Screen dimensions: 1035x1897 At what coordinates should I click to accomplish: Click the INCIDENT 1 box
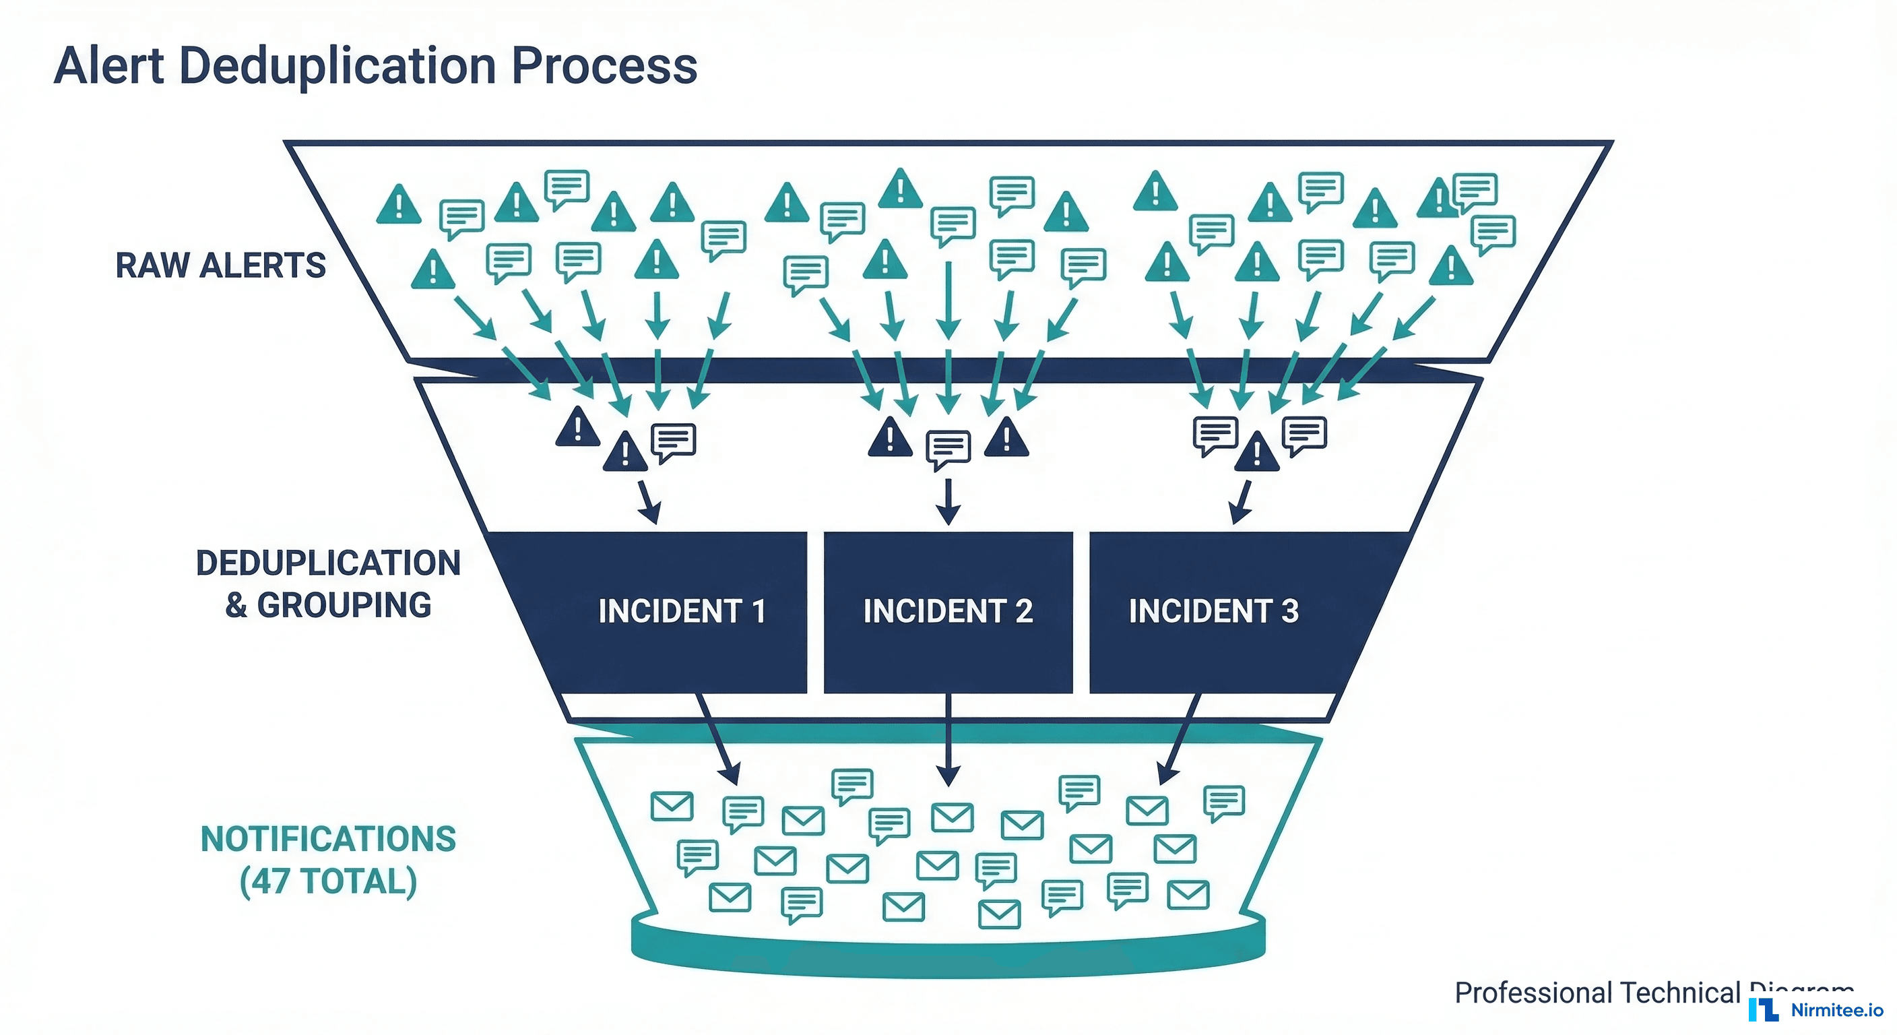(681, 611)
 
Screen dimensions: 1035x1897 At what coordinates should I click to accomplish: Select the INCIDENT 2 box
(948, 611)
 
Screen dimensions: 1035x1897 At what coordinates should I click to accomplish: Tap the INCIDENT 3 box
(1214, 611)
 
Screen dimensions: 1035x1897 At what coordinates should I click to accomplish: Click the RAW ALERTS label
(220, 265)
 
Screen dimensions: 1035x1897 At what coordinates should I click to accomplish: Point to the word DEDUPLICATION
(329, 563)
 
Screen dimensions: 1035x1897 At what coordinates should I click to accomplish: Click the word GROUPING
(344, 606)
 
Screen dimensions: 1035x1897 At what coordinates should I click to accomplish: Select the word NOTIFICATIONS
(329, 839)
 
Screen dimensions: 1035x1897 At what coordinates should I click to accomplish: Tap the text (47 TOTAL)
(329, 881)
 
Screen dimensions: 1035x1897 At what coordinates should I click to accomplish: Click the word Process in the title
(604, 66)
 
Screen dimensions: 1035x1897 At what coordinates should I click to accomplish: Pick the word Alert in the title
(109, 66)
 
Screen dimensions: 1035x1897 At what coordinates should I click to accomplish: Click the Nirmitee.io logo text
(1836, 1010)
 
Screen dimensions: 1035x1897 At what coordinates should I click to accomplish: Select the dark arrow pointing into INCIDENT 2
(949, 503)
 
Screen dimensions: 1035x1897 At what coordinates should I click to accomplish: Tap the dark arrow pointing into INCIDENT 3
(1242, 503)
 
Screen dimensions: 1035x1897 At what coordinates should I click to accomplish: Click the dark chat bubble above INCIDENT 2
(948, 448)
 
